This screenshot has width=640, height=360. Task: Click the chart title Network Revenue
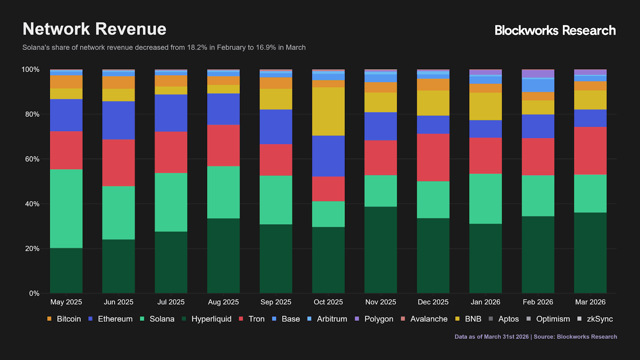(x=94, y=29)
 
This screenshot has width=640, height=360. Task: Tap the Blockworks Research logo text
(x=555, y=30)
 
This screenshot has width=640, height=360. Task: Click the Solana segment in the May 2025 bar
(x=66, y=208)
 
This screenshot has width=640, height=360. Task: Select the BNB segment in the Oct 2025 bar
(x=328, y=111)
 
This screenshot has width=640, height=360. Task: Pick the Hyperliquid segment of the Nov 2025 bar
(x=380, y=250)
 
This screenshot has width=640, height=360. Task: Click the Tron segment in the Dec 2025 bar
(x=433, y=157)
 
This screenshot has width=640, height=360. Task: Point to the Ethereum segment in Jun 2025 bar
(x=118, y=120)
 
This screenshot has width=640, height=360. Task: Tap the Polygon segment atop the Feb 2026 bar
(x=538, y=74)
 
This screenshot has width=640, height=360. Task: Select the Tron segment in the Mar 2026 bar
(x=590, y=150)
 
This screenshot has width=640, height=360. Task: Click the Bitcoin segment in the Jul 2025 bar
(x=171, y=81)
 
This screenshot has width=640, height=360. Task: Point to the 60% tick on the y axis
(x=30, y=159)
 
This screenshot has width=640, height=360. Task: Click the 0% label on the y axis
(x=34, y=293)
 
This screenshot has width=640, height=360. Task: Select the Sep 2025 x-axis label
(x=276, y=302)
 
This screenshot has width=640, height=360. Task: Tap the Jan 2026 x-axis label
(x=485, y=302)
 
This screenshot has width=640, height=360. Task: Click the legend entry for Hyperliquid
(x=211, y=319)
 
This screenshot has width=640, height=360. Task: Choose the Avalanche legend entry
(x=428, y=319)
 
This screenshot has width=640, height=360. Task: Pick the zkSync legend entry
(x=599, y=319)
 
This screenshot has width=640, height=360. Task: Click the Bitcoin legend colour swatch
(x=49, y=319)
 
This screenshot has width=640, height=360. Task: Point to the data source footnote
(x=535, y=337)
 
